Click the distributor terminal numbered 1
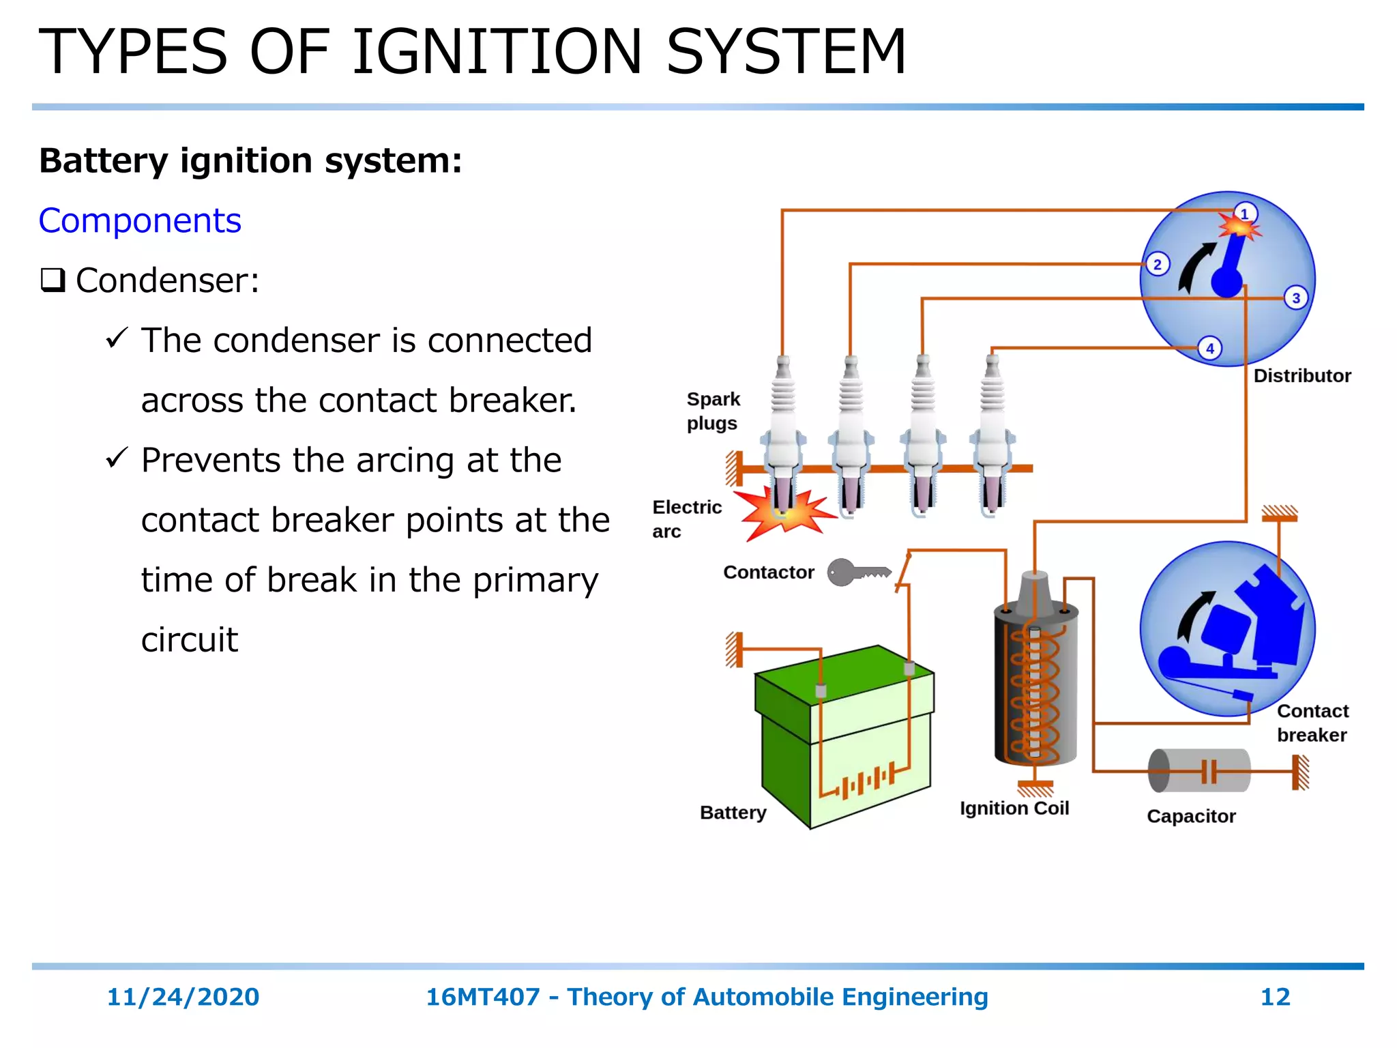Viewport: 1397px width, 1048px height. click(1245, 214)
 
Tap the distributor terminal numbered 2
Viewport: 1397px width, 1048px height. click(1157, 264)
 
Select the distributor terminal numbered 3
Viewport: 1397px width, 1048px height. click(1296, 298)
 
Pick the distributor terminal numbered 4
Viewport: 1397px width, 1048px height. click(1210, 349)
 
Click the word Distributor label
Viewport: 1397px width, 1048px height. click(1302, 376)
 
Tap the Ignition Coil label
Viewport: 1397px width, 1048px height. click(1014, 809)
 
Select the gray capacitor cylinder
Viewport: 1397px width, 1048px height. click(1199, 770)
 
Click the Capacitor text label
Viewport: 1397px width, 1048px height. click(1190, 816)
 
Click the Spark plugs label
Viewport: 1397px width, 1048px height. click(712, 411)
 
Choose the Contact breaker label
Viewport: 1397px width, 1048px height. click(1312, 723)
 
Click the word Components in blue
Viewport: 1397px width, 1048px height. click(140, 221)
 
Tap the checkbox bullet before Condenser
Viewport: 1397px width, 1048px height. click(53, 280)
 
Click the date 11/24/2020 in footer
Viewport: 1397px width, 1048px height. click(183, 997)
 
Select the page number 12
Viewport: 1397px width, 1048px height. click(1274, 997)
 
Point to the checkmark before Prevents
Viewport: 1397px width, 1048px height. click(117, 457)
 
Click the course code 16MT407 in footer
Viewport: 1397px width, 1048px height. click(482, 997)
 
